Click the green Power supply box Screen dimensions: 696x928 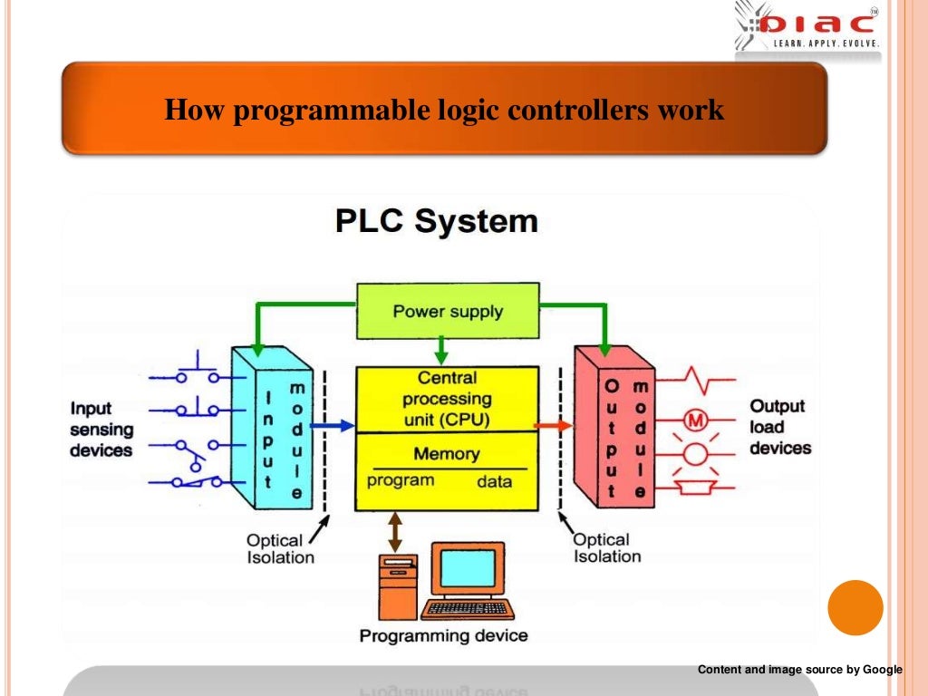pyautogui.click(x=448, y=311)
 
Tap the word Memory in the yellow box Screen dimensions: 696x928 pyautogui.click(x=447, y=454)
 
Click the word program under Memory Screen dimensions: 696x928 pyautogui.click(x=400, y=480)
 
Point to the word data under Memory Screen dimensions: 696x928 pyautogui.click(x=494, y=481)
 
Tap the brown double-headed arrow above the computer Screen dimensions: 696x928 pyautogui.click(x=395, y=532)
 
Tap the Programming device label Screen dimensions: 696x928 pyautogui.click(x=443, y=635)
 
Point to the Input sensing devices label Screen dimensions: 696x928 pyautogui.click(x=101, y=429)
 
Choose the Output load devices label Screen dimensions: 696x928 pyautogui.click(x=779, y=427)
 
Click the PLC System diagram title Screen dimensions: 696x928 pyautogui.click(x=436, y=221)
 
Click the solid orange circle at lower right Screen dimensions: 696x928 pyautogui.click(x=855, y=607)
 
